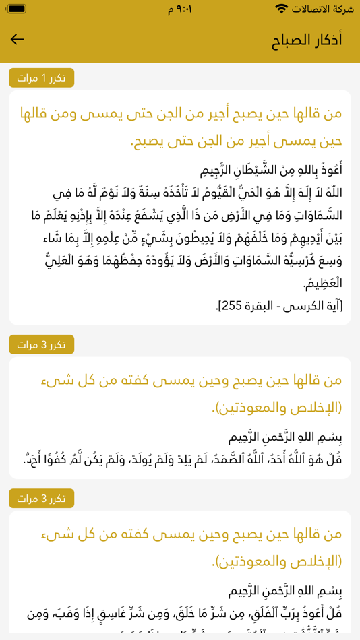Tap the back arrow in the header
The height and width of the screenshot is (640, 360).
pyautogui.click(x=18, y=40)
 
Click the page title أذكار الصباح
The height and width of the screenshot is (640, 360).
pyautogui.click(x=307, y=40)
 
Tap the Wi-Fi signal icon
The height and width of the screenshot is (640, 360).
pyautogui.click(x=281, y=9)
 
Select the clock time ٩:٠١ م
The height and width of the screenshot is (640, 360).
pyautogui.click(x=180, y=9)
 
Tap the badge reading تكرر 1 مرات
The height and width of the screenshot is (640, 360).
pyautogui.click(x=42, y=78)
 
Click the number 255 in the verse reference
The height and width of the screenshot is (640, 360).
pyautogui.click(x=228, y=306)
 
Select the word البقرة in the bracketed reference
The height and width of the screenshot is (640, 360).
pyautogui.click(x=260, y=306)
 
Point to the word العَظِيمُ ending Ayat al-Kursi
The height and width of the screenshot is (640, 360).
pyautogui.click(x=323, y=284)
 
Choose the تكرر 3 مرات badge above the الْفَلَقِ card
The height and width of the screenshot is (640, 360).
pyautogui.click(x=42, y=499)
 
